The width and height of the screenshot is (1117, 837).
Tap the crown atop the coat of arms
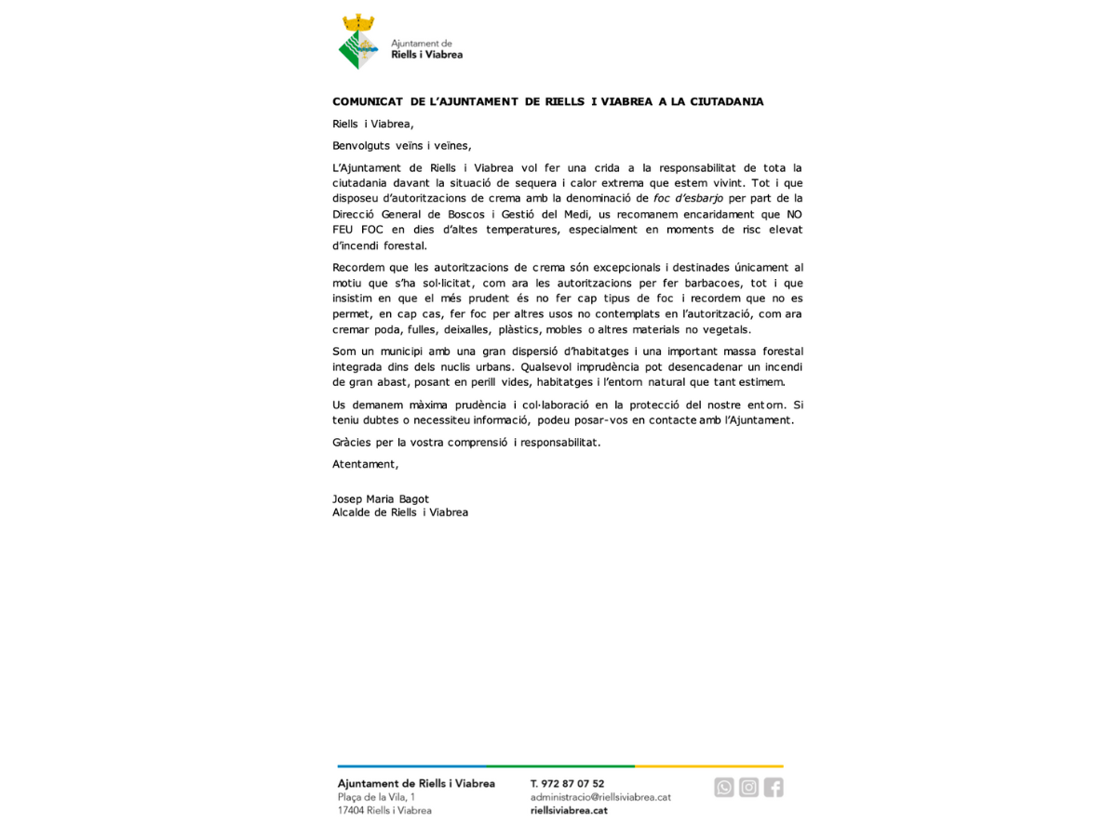point(358,22)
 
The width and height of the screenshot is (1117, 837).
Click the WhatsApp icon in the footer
point(724,788)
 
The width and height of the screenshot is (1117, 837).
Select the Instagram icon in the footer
point(749,788)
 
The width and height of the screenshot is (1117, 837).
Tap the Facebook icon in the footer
point(774,788)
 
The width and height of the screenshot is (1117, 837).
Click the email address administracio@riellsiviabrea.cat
point(600,797)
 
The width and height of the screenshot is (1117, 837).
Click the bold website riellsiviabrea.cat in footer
point(569,810)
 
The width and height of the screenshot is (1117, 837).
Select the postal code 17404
point(351,810)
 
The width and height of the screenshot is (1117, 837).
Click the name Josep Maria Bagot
point(381,499)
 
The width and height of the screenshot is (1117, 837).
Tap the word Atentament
point(365,464)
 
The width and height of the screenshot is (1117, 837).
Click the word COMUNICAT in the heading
point(368,101)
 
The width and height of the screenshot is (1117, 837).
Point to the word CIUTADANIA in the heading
point(726,101)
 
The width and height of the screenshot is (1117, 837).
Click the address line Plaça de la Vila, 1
point(376,797)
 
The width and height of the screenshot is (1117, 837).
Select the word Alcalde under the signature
point(352,512)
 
